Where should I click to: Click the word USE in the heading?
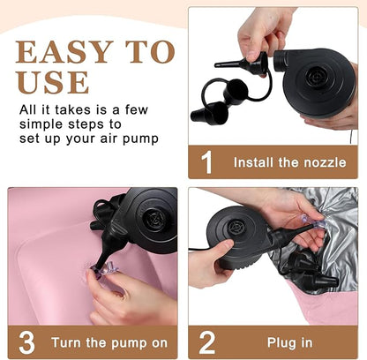(x=53, y=82)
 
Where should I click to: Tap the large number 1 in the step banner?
(x=207, y=162)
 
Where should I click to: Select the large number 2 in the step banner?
(x=207, y=342)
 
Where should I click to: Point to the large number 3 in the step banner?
(x=26, y=342)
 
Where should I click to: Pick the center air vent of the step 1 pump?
(x=317, y=78)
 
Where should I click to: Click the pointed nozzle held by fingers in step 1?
(x=242, y=63)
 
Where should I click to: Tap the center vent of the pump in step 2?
(x=236, y=229)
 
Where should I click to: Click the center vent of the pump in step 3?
(x=154, y=218)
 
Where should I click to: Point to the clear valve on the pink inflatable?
(x=104, y=268)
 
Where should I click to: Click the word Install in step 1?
(x=253, y=162)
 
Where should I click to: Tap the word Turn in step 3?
(x=65, y=343)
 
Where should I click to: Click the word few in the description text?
(x=137, y=110)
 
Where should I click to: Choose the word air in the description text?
(x=109, y=139)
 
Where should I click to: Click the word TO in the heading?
(x=150, y=52)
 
